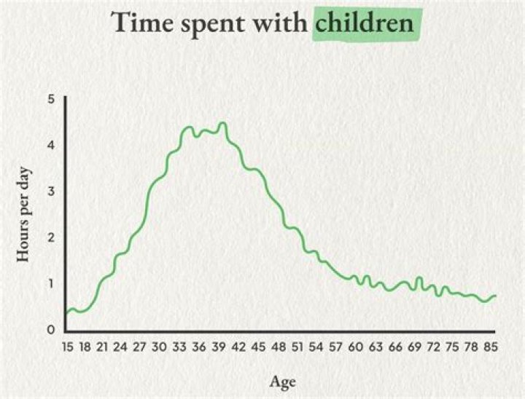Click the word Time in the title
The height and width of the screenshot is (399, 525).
(x=142, y=23)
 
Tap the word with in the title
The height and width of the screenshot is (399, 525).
(x=283, y=23)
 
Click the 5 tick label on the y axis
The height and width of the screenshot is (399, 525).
(x=51, y=99)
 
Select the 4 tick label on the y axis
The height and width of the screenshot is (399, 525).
(x=51, y=145)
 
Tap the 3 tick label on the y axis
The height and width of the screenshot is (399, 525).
(x=51, y=191)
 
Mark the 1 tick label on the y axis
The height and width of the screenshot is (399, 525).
(x=51, y=284)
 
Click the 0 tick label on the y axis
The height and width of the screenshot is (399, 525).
(x=51, y=330)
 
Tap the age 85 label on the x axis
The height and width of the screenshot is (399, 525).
(x=491, y=348)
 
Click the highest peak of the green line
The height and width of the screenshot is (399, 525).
(x=223, y=123)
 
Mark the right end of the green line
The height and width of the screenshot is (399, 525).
(x=496, y=296)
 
